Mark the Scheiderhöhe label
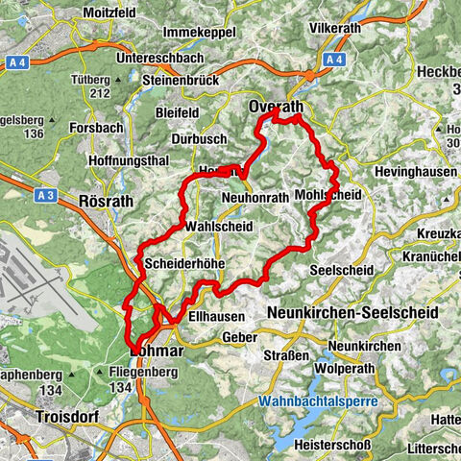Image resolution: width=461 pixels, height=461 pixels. point(186,262)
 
